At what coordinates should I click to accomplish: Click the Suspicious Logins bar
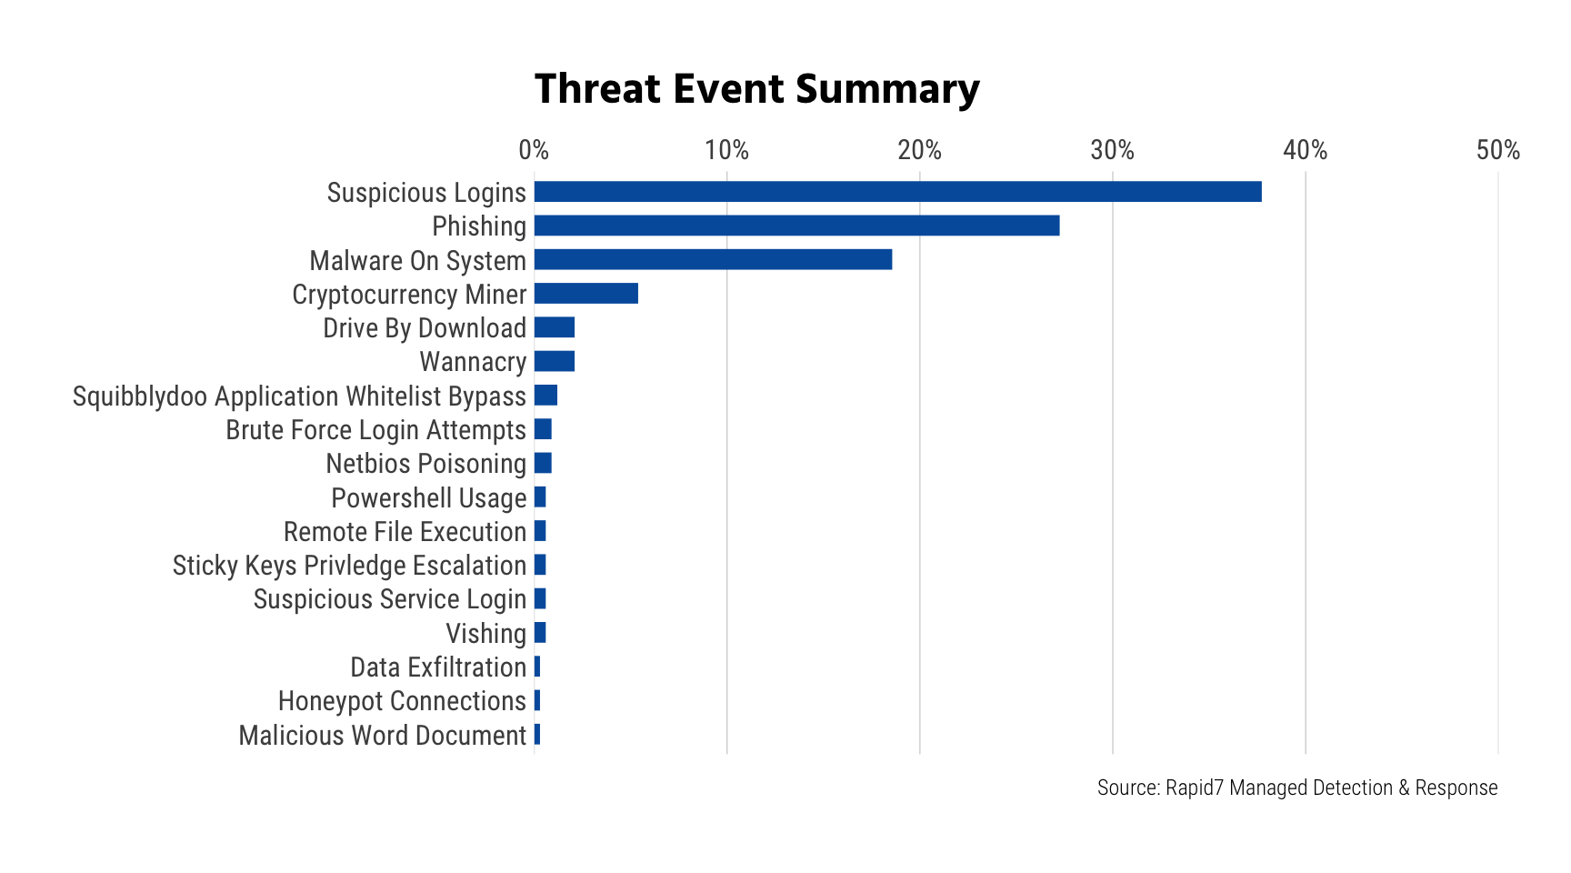897,192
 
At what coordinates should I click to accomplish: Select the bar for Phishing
796,226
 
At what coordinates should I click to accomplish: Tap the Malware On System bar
713,260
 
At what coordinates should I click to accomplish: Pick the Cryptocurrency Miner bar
586,294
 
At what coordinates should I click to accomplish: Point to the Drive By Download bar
555,327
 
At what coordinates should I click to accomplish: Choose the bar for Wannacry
555,362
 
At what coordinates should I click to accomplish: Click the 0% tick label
534,150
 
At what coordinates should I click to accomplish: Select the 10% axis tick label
726,150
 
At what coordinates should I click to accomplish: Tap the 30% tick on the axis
1112,150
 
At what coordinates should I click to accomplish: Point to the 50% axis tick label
1497,150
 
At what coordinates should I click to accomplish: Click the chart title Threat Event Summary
756,89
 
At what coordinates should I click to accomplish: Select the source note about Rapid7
1296,788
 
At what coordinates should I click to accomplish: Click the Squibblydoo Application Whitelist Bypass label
299,396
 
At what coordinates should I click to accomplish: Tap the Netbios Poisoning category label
425,464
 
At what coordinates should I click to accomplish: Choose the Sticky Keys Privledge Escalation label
349,566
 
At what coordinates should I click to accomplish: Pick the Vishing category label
485,633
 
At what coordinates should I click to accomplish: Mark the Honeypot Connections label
402,701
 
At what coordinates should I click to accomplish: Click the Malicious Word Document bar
537,735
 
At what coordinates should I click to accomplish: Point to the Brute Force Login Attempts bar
543,429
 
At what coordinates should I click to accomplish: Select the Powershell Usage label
428,498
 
